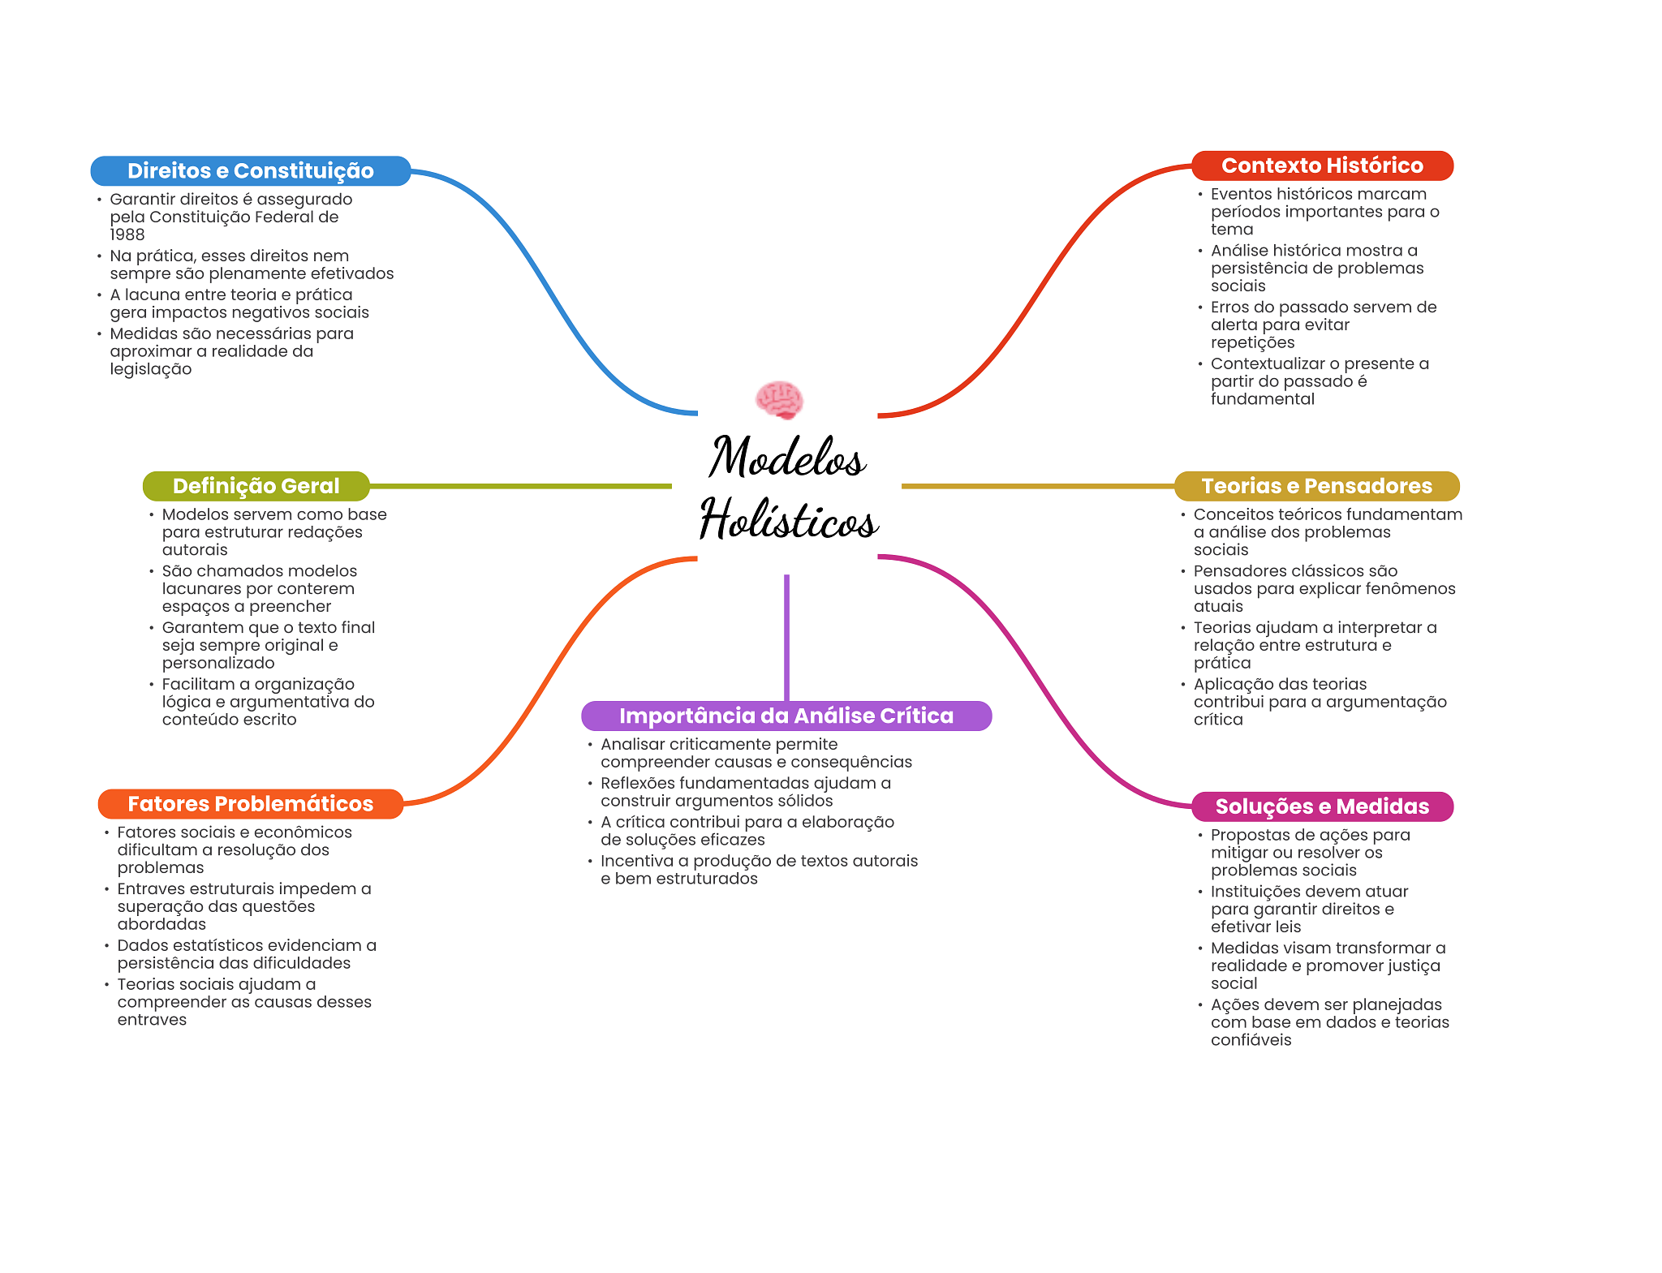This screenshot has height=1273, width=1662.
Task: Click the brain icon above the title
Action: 779,399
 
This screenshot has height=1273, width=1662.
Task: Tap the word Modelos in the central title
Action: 787,456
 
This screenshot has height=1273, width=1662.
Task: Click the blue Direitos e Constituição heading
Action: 251,170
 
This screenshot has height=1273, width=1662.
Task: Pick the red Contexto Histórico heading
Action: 1322,166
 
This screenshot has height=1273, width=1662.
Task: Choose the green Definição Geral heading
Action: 256,486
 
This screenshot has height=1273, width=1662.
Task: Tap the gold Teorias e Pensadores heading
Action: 1316,486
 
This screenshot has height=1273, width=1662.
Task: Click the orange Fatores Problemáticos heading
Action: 251,804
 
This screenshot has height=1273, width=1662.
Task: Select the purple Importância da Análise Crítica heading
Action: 786,716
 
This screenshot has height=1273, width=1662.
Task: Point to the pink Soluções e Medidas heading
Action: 1322,806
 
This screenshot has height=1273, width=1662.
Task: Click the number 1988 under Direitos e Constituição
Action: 127,234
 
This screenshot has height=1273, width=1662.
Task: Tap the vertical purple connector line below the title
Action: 786,638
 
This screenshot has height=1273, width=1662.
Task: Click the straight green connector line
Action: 521,486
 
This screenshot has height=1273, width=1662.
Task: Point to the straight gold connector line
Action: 1038,486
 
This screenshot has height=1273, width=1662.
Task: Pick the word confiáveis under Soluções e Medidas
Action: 1251,1040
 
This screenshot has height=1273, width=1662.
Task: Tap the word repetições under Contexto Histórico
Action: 1252,342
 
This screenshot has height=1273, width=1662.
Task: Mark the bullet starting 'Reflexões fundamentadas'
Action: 746,792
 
